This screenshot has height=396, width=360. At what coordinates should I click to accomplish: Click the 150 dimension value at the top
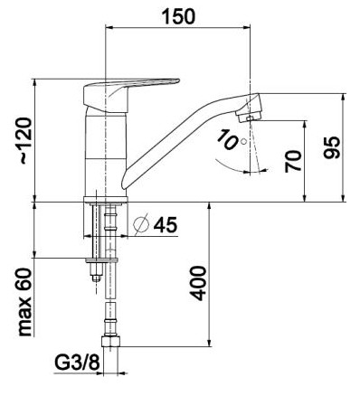pos(178,16)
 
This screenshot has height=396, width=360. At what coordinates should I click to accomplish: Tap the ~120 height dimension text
pos(26,141)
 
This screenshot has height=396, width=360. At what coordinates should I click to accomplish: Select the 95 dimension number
pos(332,147)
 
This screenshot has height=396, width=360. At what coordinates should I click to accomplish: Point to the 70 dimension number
pos(293,161)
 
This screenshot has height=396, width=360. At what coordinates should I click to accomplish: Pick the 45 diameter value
pos(166,224)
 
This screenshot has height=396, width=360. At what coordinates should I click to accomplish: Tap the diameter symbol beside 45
pos(141,224)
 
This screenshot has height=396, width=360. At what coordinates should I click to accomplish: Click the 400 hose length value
pos(199,283)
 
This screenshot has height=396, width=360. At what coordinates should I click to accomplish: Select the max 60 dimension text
pos(25,302)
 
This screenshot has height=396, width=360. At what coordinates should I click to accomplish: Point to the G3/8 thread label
pos(77,363)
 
